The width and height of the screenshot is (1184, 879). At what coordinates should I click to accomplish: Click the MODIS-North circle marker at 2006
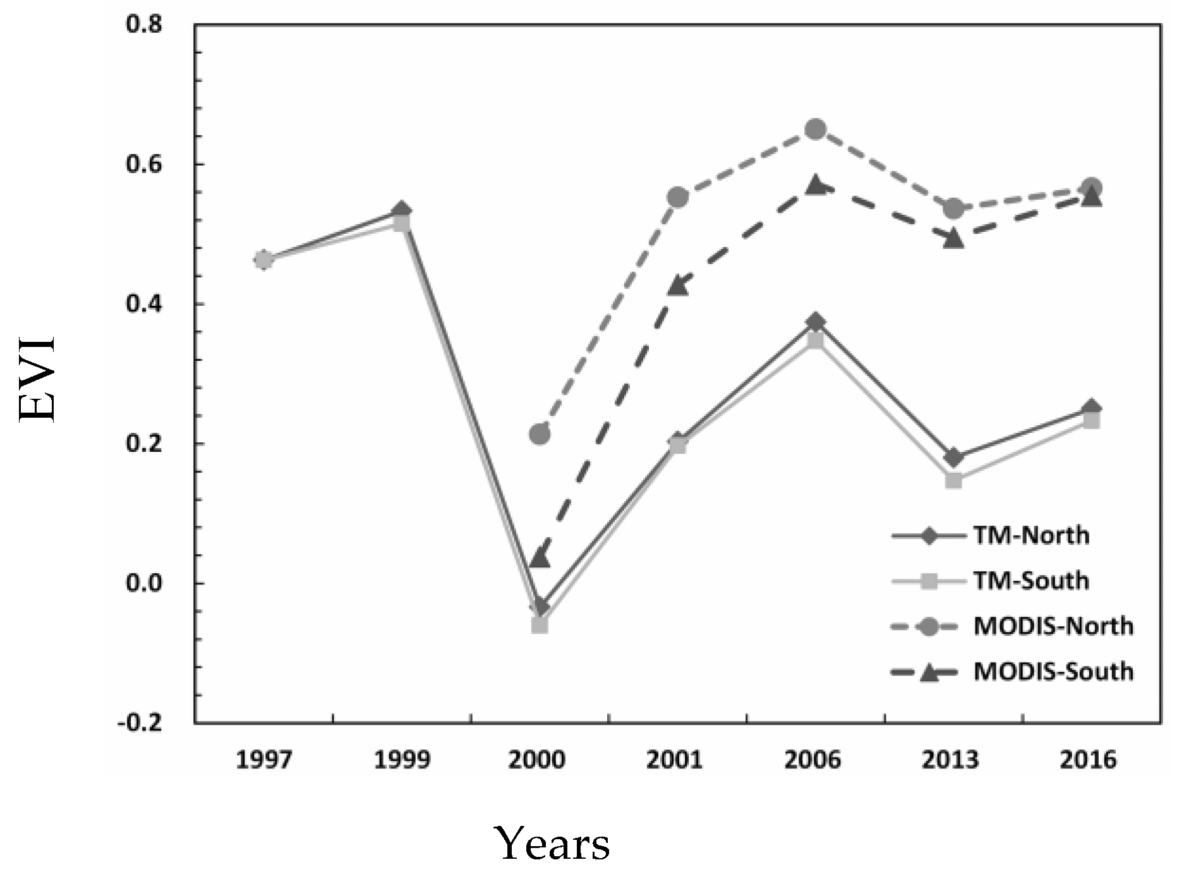[816, 130]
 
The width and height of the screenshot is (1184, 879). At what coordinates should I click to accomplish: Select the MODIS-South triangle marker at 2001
[678, 285]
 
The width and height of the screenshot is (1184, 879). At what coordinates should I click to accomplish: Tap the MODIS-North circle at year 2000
[540, 434]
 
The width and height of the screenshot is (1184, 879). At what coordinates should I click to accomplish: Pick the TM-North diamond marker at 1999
[402, 210]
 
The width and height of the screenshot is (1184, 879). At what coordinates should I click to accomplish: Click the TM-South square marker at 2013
[954, 480]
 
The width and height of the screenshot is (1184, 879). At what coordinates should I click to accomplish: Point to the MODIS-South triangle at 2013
[954, 239]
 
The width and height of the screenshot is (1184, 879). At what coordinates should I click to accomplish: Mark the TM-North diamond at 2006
[816, 322]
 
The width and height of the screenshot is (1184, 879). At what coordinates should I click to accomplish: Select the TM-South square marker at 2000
[540, 626]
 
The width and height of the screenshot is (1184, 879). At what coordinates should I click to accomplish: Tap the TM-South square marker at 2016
[1092, 421]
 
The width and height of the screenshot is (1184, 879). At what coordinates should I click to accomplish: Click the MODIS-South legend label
[1053, 671]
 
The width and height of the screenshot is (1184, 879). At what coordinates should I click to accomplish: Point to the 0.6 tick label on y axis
[144, 164]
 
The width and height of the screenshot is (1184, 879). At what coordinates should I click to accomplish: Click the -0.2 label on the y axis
[140, 723]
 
